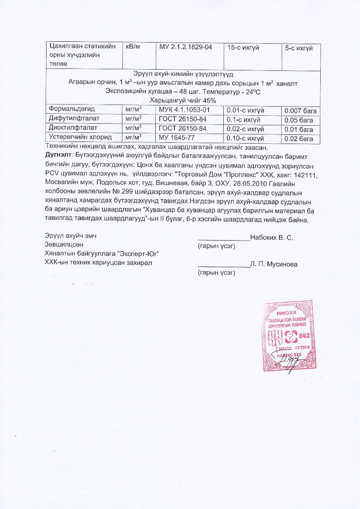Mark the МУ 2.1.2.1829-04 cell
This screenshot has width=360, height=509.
pyautogui.click(x=186, y=47)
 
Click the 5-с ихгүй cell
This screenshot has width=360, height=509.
pyautogui.click(x=299, y=48)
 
